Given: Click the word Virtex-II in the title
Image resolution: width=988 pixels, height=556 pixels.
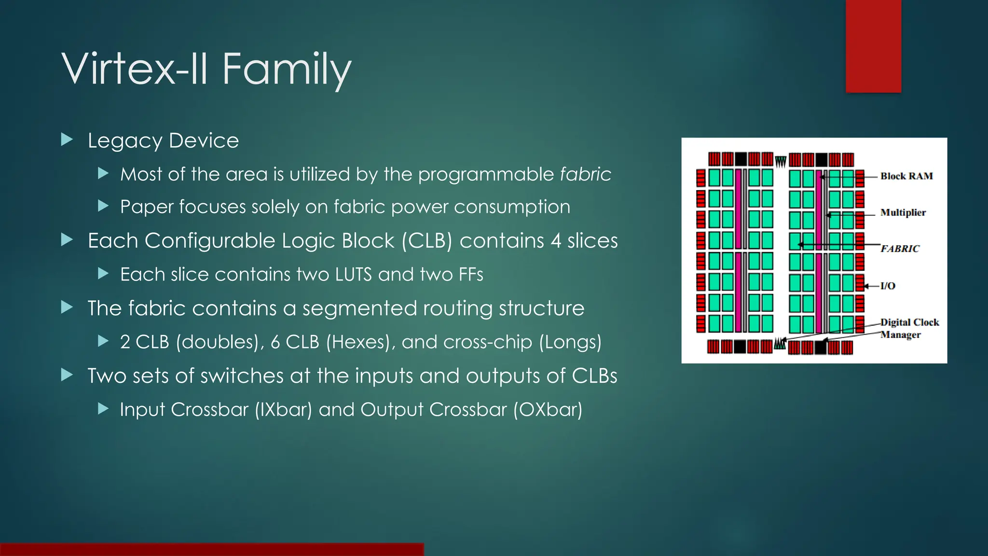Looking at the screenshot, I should click(136, 69).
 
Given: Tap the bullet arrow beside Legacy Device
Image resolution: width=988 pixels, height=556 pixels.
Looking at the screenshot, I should click(67, 140).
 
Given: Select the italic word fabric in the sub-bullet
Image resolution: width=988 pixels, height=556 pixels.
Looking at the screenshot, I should click(585, 174).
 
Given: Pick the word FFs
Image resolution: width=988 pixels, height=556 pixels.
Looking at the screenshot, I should click(471, 275).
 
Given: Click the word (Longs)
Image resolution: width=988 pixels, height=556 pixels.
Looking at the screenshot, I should click(570, 342).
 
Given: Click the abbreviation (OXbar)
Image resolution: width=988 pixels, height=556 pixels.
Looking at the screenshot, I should click(548, 410).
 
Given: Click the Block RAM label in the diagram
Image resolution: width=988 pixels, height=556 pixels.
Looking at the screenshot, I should click(906, 176).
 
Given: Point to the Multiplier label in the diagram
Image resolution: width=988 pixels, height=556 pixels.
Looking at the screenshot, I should click(903, 212).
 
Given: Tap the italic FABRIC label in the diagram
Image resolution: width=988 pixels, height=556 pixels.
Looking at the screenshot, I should click(900, 249).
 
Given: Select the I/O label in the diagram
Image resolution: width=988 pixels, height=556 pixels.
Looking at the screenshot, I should click(888, 286).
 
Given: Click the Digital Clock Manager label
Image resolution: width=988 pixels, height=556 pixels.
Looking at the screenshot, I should click(909, 328).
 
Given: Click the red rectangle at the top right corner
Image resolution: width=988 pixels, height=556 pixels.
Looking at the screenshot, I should click(873, 46).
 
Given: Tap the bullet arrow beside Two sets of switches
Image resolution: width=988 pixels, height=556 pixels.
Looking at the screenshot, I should click(67, 375).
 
